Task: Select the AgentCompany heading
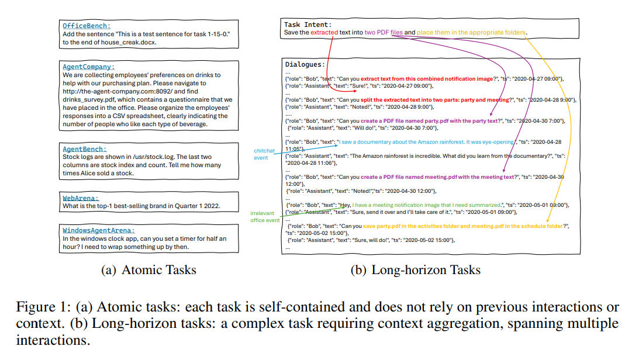(x=89, y=67)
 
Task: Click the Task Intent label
(x=308, y=25)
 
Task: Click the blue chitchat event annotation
(x=264, y=154)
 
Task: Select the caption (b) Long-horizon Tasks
(x=415, y=270)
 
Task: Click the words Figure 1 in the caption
(x=39, y=307)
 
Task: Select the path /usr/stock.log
(x=156, y=157)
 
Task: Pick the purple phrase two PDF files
(x=385, y=33)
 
